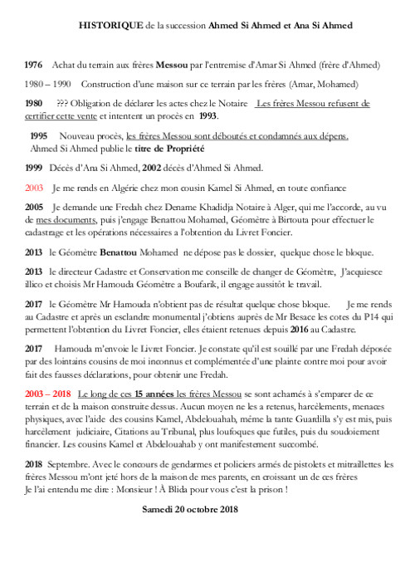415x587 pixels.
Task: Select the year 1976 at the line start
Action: coord(34,64)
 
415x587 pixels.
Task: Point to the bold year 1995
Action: coord(39,135)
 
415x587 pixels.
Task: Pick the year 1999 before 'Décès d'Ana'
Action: coord(34,168)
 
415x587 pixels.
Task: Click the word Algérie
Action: coord(122,188)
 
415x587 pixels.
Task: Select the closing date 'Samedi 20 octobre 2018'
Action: coord(190,509)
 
